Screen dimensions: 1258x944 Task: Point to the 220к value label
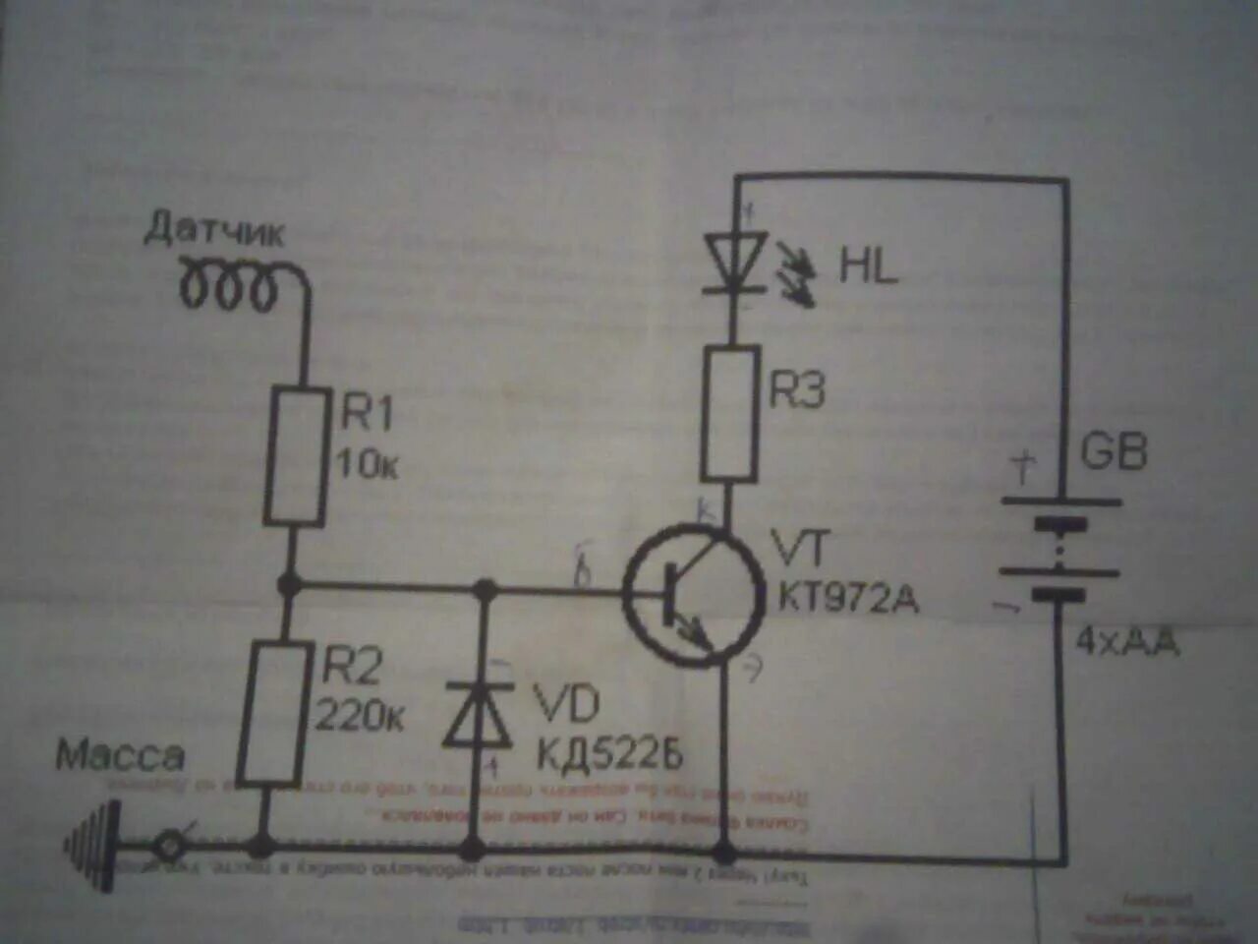(x=360, y=716)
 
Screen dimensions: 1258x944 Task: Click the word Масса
(x=120, y=755)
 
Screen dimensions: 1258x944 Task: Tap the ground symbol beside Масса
(x=94, y=843)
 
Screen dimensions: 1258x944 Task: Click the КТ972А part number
(x=848, y=597)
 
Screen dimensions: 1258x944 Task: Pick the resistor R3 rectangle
(x=729, y=413)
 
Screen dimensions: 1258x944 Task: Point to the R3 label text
(x=796, y=391)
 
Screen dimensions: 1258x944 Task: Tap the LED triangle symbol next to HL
(x=735, y=261)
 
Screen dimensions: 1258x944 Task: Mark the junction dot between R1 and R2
(x=288, y=586)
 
